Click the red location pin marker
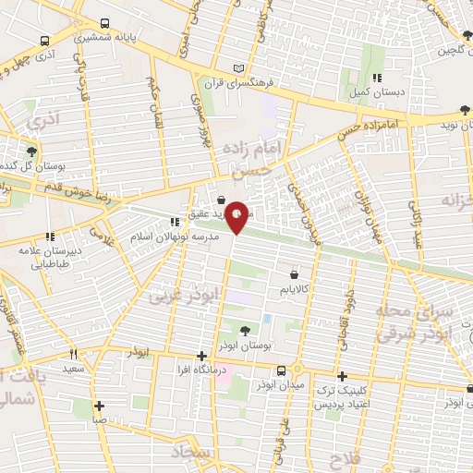click(237, 216)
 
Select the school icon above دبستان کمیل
click(376, 79)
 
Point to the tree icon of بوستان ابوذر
click(245, 330)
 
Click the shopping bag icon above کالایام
click(294, 274)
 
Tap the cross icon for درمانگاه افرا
click(201, 356)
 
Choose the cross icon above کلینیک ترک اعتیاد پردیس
click(342, 376)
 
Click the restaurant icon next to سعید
click(74, 354)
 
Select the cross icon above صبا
click(98, 405)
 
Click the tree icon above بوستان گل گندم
click(33, 151)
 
